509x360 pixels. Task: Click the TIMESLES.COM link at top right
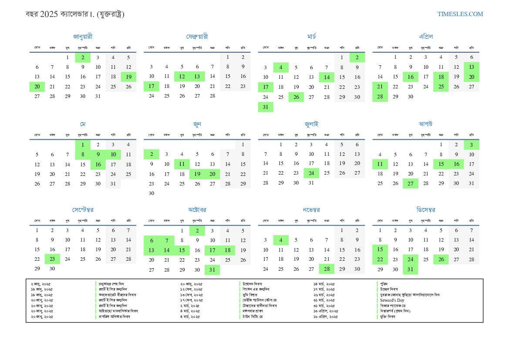(460, 14)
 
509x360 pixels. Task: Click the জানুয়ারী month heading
(83, 37)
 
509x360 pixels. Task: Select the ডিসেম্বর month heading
(425, 210)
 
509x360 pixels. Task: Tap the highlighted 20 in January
(37, 86)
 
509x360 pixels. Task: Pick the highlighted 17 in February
(151, 86)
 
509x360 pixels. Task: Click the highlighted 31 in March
(266, 107)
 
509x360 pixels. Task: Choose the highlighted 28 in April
(380, 97)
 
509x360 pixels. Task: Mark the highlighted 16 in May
(98, 165)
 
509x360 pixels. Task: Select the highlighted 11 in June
(182, 164)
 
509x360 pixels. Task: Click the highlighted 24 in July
(311, 173)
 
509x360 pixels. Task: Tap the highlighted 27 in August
(410, 183)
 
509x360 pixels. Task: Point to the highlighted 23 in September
(52, 259)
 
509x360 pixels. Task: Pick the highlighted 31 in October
(212, 270)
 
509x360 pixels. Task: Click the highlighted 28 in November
(327, 269)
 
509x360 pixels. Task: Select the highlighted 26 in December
(441, 259)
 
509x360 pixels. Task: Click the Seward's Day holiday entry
(392, 300)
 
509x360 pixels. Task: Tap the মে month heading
(83, 124)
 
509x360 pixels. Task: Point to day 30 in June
(152, 193)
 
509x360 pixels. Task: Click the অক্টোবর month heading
(197, 210)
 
